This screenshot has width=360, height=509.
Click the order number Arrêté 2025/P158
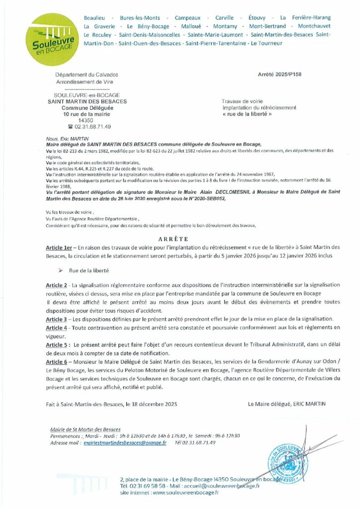(280, 74)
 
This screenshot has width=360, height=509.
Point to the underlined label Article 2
(56, 285)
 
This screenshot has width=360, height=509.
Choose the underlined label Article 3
(56, 319)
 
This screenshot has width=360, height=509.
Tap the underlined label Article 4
(56, 328)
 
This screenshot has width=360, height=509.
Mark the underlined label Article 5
(56, 344)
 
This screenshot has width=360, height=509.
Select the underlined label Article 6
(56, 362)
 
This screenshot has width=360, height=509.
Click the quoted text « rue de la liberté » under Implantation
(248, 114)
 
